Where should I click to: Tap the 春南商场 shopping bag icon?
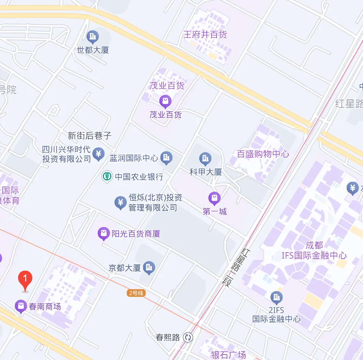click(21, 306)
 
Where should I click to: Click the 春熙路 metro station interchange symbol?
click(188, 337)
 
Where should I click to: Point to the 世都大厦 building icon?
click(93, 36)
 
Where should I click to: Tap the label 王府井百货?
click(205, 34)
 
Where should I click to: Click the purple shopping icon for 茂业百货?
click(165, 101)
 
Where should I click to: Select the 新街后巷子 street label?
click(90, 136)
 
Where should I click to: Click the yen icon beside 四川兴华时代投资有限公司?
click(99, 154)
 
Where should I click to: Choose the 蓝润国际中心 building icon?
click(167, 157)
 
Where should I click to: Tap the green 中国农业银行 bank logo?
click(107, 176)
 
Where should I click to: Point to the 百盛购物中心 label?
click(263, 154)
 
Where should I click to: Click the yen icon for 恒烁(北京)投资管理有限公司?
click(120, 202)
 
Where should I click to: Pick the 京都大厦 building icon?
click(149, 268)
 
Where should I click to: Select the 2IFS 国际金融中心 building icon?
click(276, 297)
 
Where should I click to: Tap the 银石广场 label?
click(228, 355)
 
